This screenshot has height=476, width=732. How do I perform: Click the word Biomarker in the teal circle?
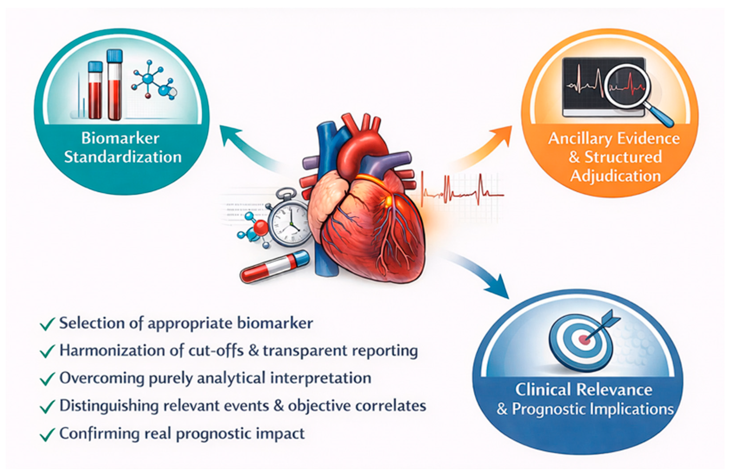pyautogui.click(x=120, y=138)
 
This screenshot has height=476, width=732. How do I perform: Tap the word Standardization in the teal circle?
pyautogui.click(x=123, y=157)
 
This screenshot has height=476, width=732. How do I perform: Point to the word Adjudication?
pyautogui.click(x=615, y=176)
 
